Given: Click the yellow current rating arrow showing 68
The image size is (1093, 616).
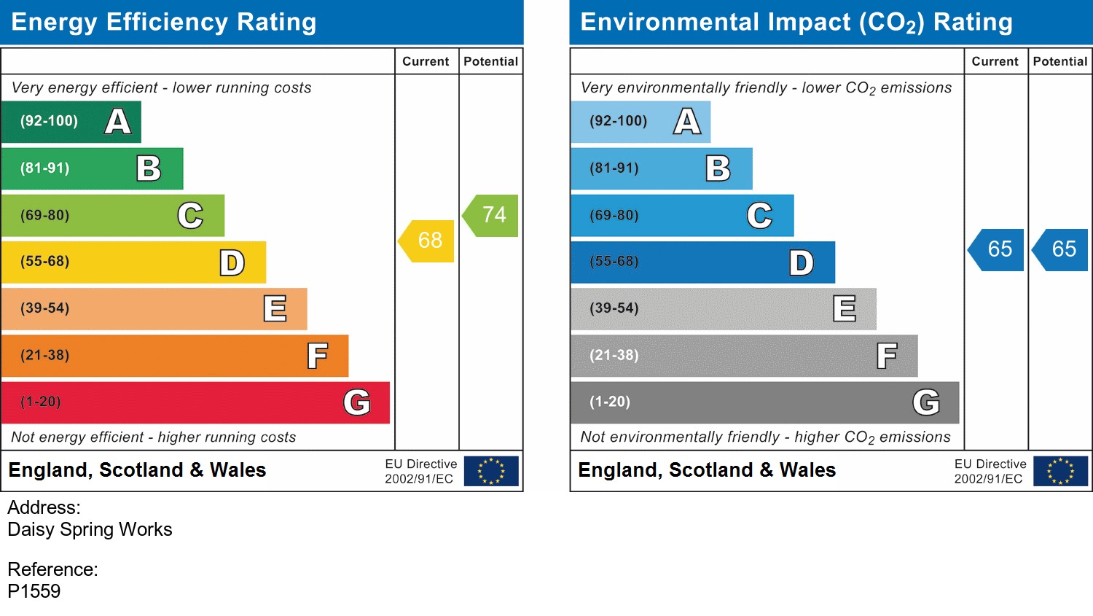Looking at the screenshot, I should click(x=428, y=241).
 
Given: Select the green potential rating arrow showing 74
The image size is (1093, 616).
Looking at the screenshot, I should click(x=492, y=215).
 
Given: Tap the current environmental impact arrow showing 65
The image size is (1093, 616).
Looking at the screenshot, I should click(x=998, y=249).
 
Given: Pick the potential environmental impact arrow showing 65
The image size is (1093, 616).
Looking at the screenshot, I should click(x=1062, y=249).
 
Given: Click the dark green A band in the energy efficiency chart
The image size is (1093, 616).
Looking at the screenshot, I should click(x=71, y=122).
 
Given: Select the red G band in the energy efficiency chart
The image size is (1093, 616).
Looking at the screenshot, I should click(x=195, y=402).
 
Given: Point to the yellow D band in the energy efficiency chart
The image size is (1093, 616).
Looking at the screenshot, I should click(x=133, y=262).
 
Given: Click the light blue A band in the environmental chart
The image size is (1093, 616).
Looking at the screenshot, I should click(x=640, y=122).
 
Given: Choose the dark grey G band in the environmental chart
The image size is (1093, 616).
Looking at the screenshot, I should click(x=764, y=402).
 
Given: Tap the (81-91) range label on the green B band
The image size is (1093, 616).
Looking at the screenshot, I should click(x=45, y=168).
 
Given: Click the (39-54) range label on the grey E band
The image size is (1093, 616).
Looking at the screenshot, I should click(x=614, y=308).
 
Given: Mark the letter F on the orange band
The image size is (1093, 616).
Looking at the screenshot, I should click(x=317, y=356).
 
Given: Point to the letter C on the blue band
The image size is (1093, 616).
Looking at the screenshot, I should click(x=759, y=215).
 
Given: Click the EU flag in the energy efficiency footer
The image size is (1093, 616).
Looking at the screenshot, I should click(x=491, y=471).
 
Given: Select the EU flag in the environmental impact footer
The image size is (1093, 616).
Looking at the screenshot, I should click(x=1060, y=471).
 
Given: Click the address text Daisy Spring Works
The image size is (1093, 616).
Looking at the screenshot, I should click(x=90, y=529).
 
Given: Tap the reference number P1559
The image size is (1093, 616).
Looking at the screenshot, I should click(x=34, y=591).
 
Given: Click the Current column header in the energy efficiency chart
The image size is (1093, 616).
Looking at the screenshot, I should click(x=426, y=62).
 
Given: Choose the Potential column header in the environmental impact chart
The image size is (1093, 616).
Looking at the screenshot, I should click(x=1059, y=62).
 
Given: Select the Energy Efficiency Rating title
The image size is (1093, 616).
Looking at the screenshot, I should click(x=164, y=23).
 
